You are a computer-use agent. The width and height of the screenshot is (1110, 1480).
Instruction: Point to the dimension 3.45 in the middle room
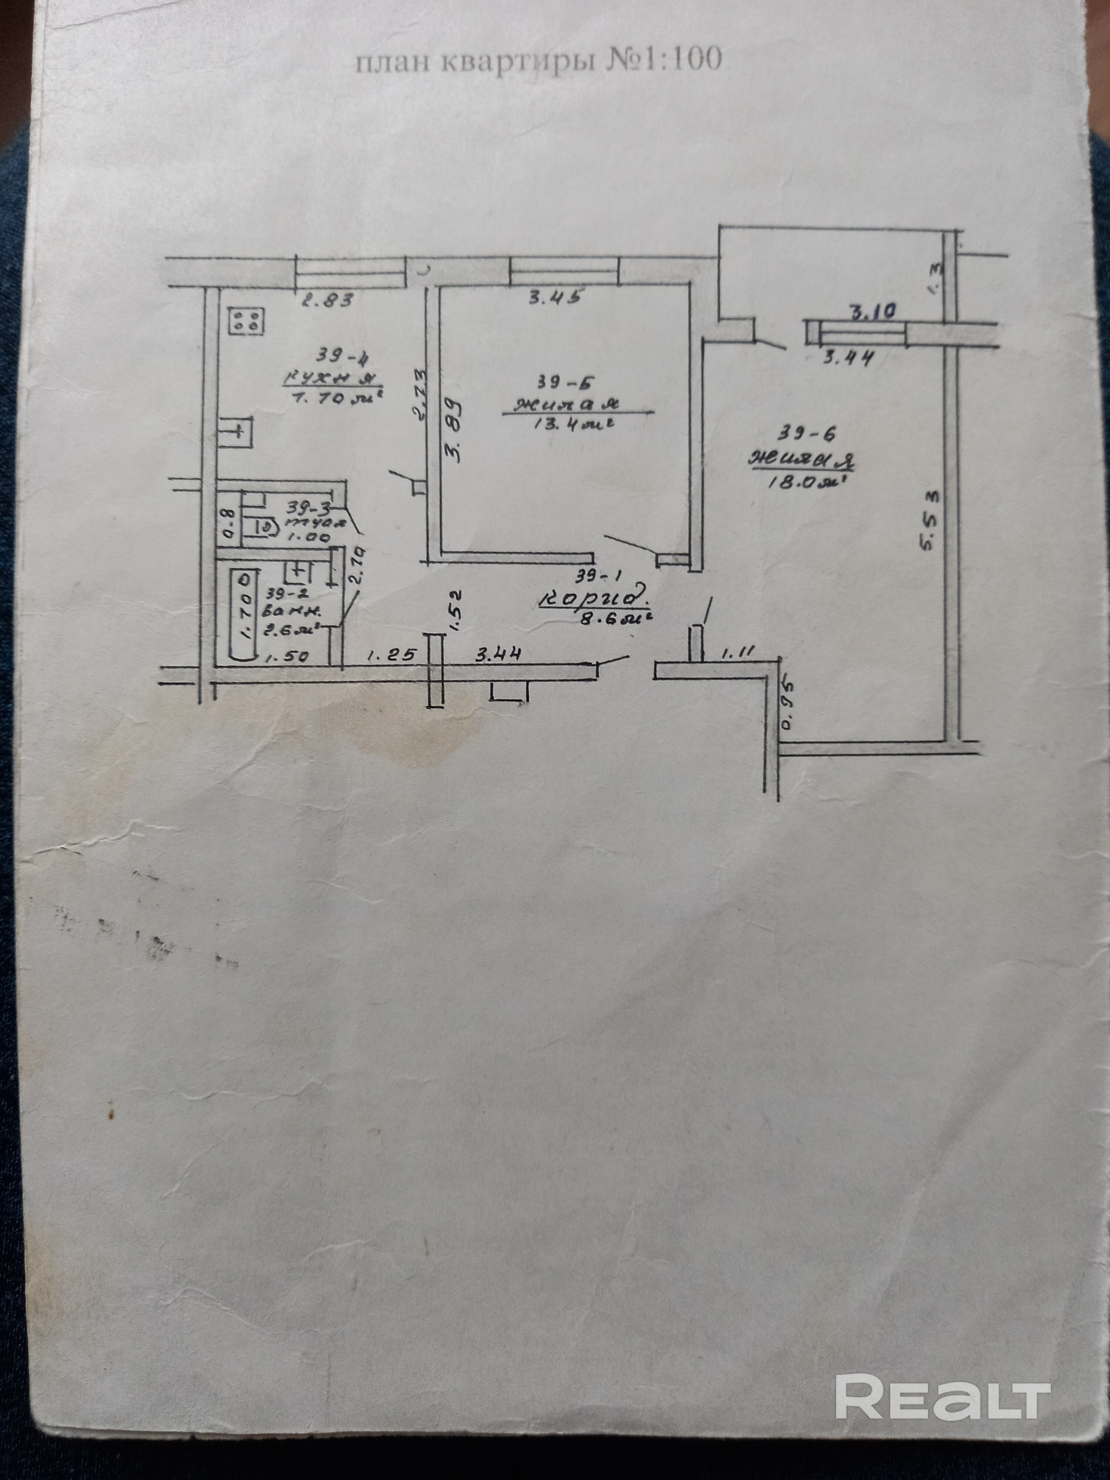pyautogui.click(x=554, y=297)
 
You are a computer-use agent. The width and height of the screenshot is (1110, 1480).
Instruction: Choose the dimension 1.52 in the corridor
pyautogui.click(x=455, y=609)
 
